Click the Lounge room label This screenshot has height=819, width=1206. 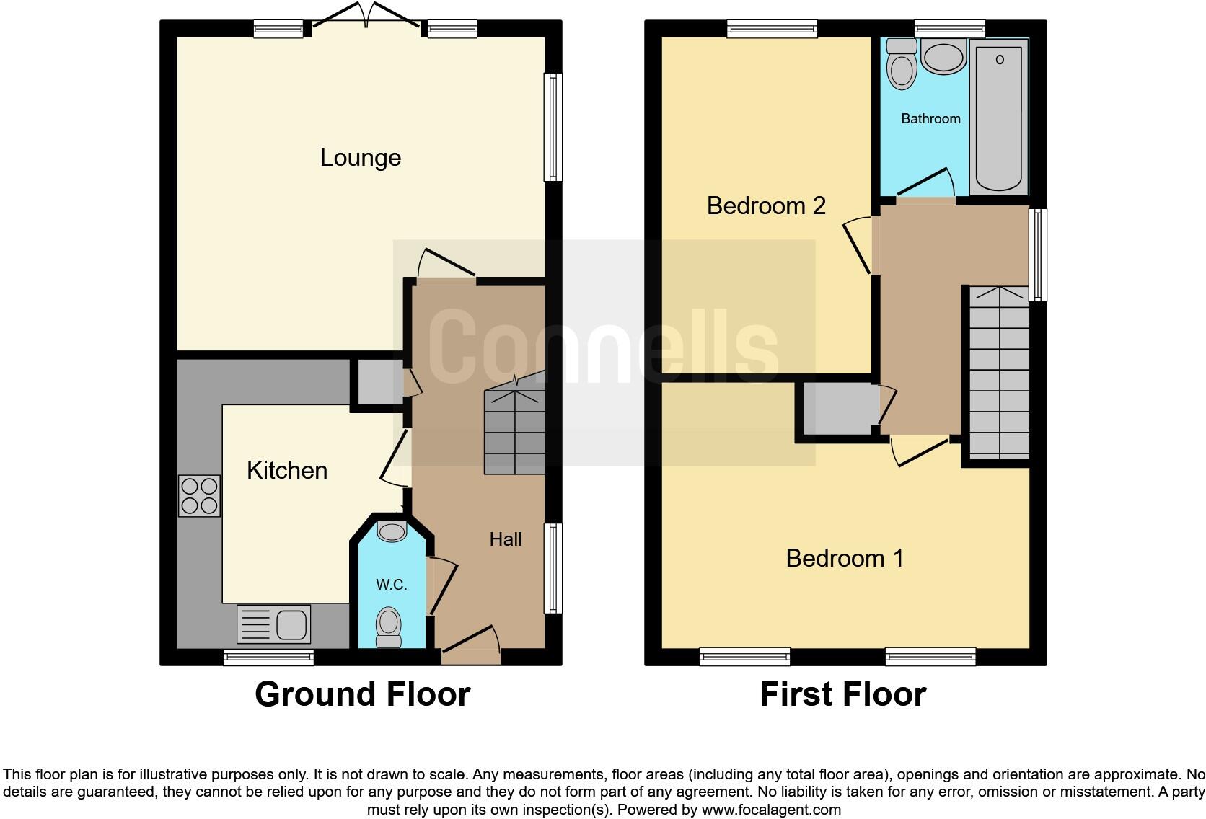point(360,157)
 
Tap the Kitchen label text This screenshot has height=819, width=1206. point(287,470)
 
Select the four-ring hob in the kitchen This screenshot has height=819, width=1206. point(200,496)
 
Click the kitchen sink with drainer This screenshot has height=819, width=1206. point(273,624)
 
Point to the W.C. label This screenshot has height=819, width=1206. point(391,584)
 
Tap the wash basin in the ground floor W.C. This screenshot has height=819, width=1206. point(392,532)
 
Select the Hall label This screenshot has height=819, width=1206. point(505,539)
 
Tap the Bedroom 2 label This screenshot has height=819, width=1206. point(765,205)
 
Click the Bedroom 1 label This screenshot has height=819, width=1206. point(844,558)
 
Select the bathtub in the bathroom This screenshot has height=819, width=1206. point(999,115)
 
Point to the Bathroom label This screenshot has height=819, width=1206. point(930,118)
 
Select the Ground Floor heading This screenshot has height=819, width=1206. point(362,694)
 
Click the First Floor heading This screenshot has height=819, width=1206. point(842,694)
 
